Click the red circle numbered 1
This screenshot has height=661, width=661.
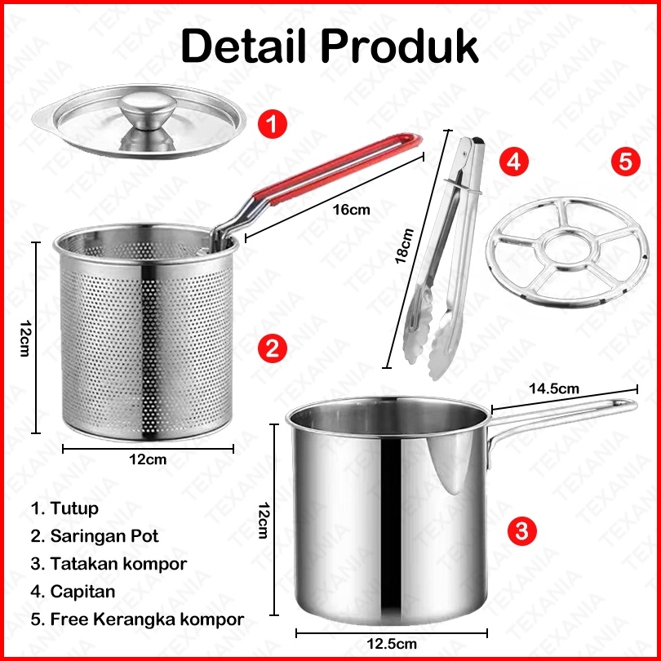pos(273,124)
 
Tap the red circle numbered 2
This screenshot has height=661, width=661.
pos(273,348)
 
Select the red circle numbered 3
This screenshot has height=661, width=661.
pos(521,530)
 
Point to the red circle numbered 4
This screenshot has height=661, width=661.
pos(513,162)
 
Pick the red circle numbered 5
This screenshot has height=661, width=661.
pos(626,162)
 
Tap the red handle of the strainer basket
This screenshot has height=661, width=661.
pos(337,168)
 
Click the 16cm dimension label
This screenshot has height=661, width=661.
pos(351,210)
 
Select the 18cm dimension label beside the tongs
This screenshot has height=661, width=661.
pos(404,246)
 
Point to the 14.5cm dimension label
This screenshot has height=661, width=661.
pos(554,388)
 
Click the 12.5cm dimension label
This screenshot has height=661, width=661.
pos(391,644)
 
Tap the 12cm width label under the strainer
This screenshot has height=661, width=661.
pos(148,459)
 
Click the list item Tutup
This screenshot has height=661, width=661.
pos(64,508)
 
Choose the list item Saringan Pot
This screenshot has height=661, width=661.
pos(95,536)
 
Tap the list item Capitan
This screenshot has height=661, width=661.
pos(73,592)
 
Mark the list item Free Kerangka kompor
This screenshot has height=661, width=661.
pos(137,619)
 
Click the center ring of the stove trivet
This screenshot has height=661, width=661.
pos(567,249)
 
